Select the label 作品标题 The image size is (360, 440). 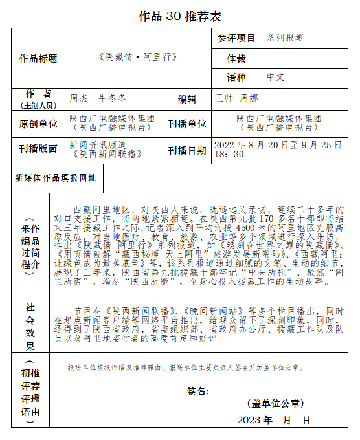tap(38, 58)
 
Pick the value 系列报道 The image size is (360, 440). tap(286, 38)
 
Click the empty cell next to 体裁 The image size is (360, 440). tap(304, 58)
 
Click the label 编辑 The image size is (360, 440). tap(187, 99)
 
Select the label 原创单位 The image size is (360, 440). tap(38, 124)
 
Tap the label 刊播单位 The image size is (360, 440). tap(187, 124)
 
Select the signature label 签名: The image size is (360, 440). tap(197, 391)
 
